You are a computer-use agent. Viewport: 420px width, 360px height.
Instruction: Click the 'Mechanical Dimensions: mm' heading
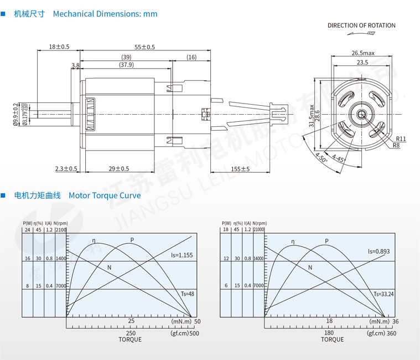pyautogui.click(x=105, y=14)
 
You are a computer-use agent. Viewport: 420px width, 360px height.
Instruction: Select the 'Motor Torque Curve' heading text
pyautogui.click(x=105, y=196)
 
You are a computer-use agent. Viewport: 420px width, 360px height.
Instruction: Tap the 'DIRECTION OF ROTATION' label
pyautogui.click(x=361, y=25)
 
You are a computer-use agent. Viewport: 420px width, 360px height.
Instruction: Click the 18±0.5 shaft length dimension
pyautogui.click(x=59, y=47)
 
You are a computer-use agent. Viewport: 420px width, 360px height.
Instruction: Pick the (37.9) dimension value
pyautogui.click(x=126, y=65)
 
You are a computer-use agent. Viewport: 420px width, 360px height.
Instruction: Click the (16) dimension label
pyautogui.click(x=191, y=58)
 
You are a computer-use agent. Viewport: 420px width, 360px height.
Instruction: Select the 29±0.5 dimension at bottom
pyautogui.click(x=118, y=168)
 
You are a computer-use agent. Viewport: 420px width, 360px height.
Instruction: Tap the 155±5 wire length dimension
pyautogui.click(x=240, y=168)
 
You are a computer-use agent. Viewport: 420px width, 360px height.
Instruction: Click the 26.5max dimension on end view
pyautogui.click(x=362, y=53)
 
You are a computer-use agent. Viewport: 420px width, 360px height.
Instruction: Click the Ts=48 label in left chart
pyautogui.click(x=187, y=294)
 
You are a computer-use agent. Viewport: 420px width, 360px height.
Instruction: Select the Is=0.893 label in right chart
pyautogui.click(x=378, y=251)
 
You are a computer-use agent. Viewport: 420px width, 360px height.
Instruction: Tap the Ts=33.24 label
pyautogui.click(x=383, y=294)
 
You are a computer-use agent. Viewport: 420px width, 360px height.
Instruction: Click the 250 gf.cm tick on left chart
pyautogui.click(x=131, y=333)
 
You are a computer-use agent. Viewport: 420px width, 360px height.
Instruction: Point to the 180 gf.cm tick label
pyautogui.click(x=329, y=333)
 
